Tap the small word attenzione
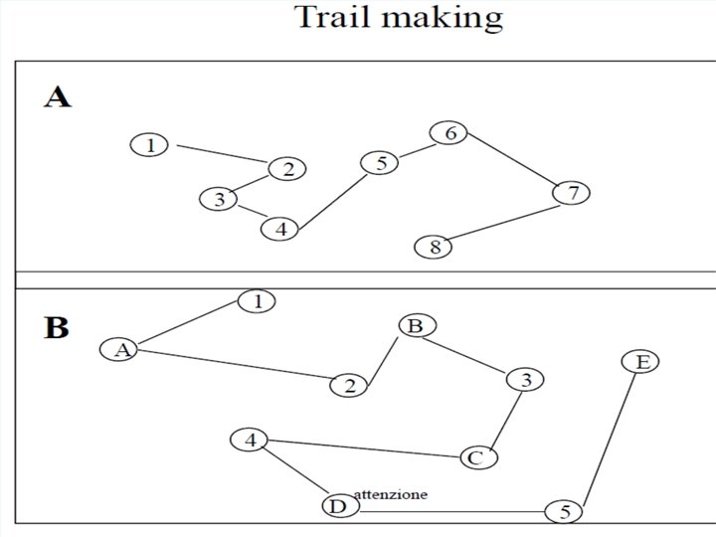(x=391, y=494)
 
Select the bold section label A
(x=57, y=97)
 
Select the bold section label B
(x=57, y=327)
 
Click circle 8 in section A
(x=435, y=247)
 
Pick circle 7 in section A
(x=571, y=193)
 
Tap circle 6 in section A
(x=449, y=132)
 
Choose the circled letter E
(x=641, y=362)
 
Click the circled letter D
(x=337, y=507)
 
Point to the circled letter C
(x=476, y=457)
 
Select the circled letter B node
(x=416, y=325)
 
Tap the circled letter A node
(x=120, y=349)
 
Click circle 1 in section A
(x=149, y=145)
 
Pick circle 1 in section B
(x=257, y=300)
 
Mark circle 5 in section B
(x=564, y=512)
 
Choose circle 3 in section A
(x=219, y=199)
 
